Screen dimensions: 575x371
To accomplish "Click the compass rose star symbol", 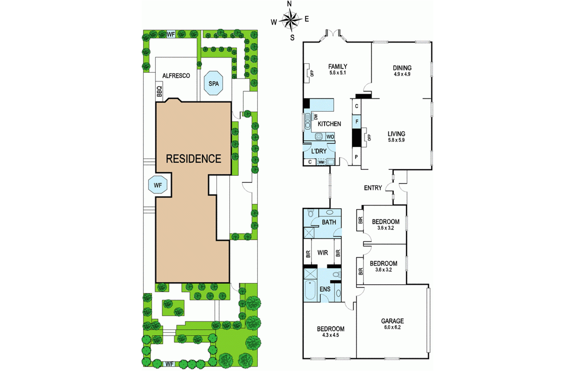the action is [x=290, y=19].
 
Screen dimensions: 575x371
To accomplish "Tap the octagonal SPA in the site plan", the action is [x=214, y=83].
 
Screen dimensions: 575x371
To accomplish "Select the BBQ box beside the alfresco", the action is [x=159, y=91].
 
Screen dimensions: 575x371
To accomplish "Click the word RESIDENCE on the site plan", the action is [x=193, y=159].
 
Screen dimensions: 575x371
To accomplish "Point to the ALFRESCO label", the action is [x=176, y=76].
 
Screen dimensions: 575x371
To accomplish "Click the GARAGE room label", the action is [x=392, y=321].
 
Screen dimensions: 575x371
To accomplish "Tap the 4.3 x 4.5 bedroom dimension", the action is [x=330, y=335].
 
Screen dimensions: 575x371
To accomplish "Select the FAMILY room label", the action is [x=338, y=66].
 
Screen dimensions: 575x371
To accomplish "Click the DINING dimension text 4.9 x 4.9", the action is [x=402, y=74].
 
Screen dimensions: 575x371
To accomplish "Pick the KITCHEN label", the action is [x=329, y=124].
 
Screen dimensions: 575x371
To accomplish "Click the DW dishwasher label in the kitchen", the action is [x=316, y=117].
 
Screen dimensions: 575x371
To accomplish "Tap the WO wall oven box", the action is [x=330, y=137].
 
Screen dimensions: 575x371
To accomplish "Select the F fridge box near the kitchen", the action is [x=357, y=122].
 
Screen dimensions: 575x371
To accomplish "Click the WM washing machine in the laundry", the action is [x=321, y=162].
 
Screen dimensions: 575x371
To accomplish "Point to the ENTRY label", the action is [x=373, y=188].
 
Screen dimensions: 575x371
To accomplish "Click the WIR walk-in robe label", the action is [x=322, y=253].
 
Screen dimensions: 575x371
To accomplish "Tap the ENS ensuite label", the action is [x=325, y=289].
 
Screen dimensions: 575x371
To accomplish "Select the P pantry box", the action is [x=356, y=157].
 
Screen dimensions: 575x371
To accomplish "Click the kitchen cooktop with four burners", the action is [x=319, y=137].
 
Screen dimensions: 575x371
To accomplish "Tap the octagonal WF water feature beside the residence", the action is [x=158, y=185].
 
